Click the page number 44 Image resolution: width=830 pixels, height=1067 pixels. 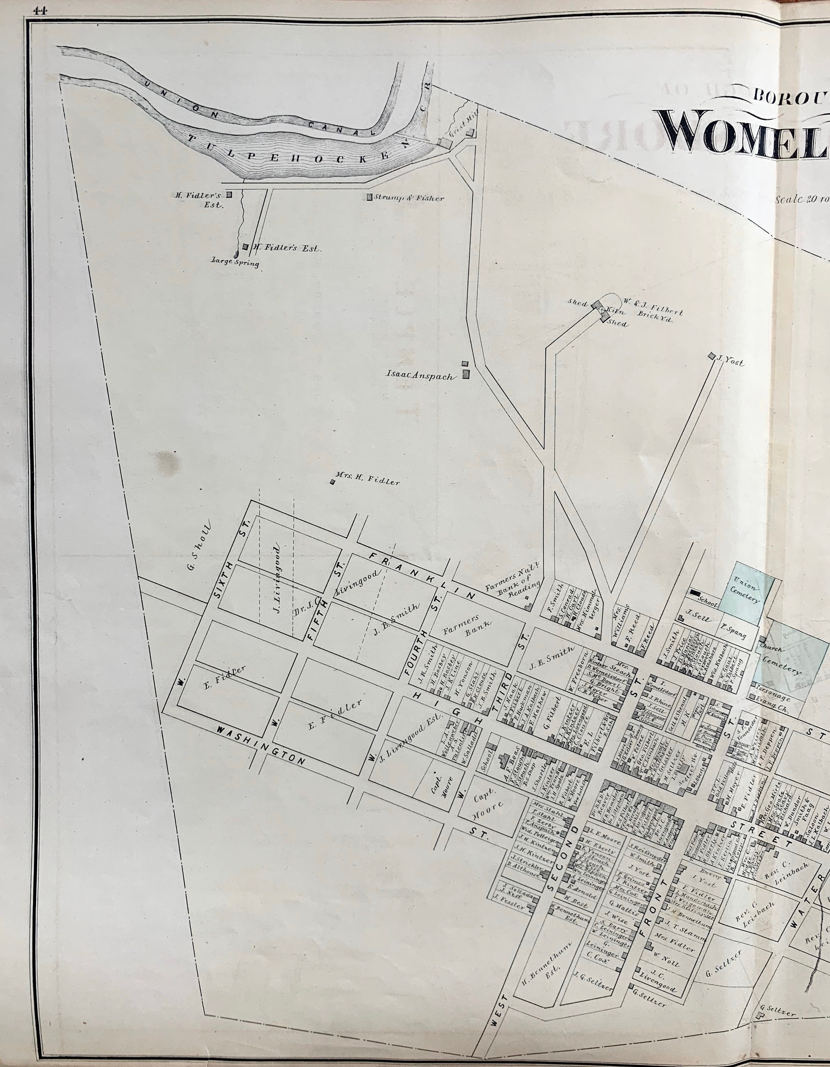coord(39,12)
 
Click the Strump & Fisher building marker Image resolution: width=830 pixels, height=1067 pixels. coord(369,198)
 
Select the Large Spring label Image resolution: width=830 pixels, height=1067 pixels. coord(234,263)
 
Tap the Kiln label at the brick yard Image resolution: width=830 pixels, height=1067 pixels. coord(613,311)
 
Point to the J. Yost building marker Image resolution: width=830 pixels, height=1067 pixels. coord(711,357)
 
